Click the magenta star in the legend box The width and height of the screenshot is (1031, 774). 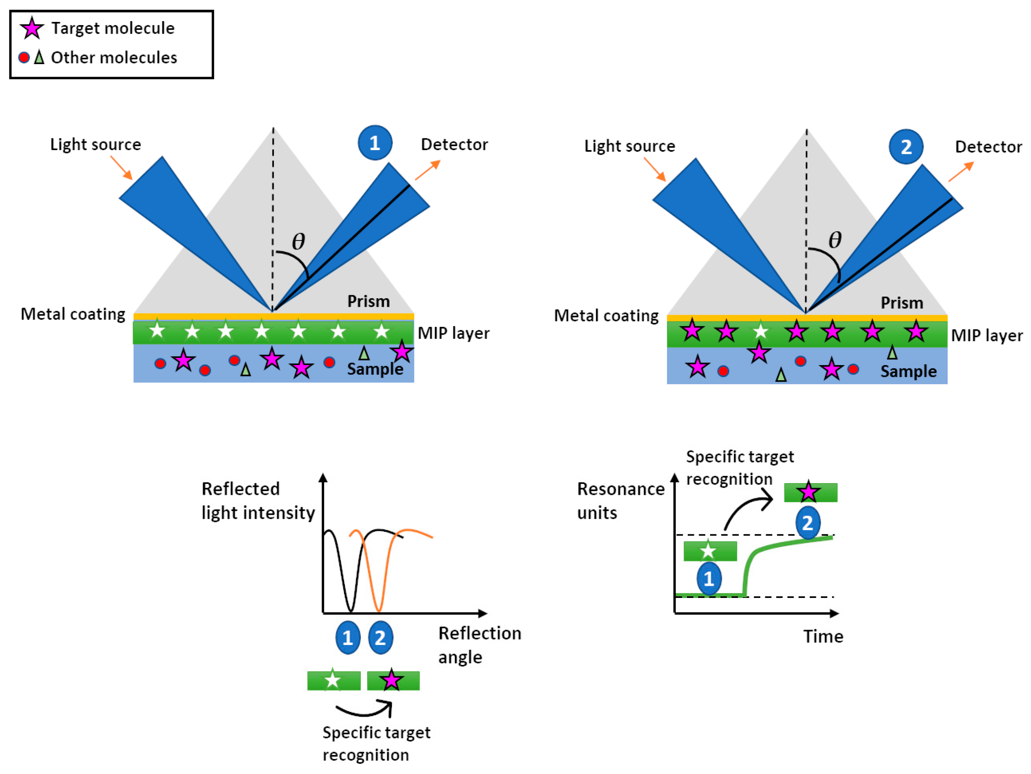[32, 28]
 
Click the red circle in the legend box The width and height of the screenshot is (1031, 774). [24, 57]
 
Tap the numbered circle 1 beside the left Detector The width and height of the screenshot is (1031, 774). [375, 143]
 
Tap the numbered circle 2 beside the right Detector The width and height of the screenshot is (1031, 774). [906, 147]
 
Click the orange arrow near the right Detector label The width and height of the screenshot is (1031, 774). [961, 172]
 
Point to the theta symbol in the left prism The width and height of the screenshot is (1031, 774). [298, 241]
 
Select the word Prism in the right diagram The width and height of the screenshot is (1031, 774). [902, 303]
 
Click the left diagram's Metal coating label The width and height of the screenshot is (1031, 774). [73, 314]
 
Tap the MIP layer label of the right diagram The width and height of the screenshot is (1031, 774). [986, 335]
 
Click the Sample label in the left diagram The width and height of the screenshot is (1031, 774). [375, 369]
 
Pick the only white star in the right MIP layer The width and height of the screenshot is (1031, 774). [760, 331]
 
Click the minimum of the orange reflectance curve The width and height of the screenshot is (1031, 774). [379, 610]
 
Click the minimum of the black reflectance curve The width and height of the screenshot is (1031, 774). [351, 610]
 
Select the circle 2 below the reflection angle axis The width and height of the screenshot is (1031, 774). [380, 637]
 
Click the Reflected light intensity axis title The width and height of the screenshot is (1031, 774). [258, 501]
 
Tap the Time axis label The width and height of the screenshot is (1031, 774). [823, 636]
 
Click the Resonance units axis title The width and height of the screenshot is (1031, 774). [620, 501]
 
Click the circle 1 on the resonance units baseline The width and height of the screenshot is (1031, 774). [708, 578]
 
